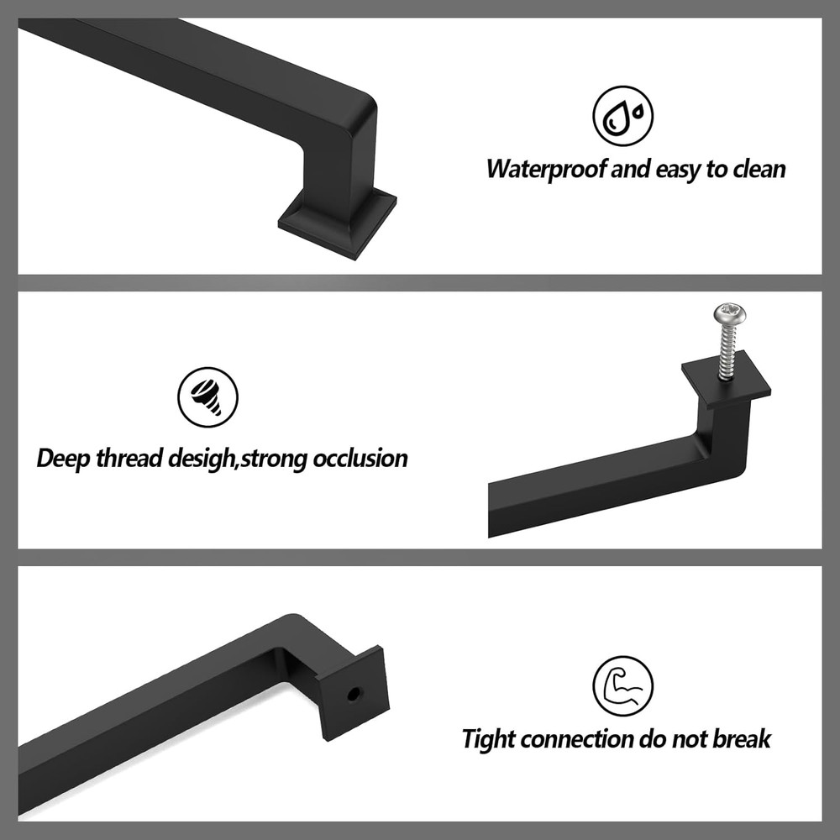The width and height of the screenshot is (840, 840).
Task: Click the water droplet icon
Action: point(622,117)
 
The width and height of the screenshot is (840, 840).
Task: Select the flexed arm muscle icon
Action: point(622,685)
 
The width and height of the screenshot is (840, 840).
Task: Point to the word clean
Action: point(759,169)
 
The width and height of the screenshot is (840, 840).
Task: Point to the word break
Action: point(741,739)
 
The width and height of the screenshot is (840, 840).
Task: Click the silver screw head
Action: point(729,316)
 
